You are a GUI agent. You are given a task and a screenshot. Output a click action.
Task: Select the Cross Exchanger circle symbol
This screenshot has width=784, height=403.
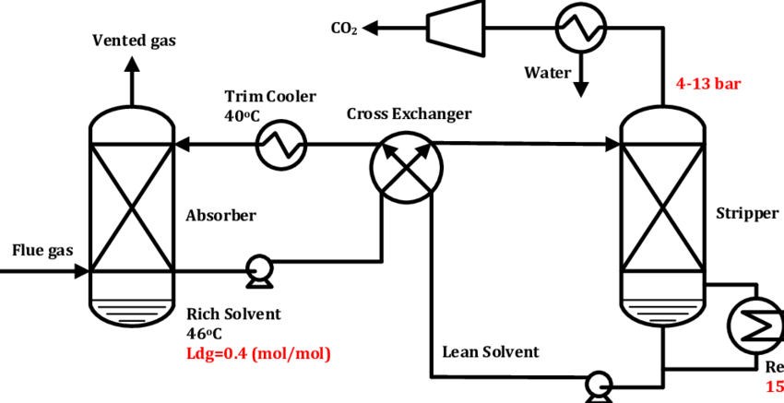(x=406, y=166)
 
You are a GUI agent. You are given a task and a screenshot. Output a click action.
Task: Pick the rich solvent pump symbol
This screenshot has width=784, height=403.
(x=255, y=272)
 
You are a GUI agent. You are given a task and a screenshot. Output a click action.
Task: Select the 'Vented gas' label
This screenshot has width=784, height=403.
(x=134, y=41)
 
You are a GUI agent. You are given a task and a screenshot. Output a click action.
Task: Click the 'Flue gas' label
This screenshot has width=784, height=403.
(x=41, y=250)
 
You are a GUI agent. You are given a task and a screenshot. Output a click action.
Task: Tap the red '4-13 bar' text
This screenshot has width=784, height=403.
(x=708, y=84)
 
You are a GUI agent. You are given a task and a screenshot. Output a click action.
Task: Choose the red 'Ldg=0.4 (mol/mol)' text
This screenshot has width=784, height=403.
(x=258, y=353)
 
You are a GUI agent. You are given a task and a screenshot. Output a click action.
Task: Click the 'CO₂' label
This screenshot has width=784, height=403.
(x=344, y=28)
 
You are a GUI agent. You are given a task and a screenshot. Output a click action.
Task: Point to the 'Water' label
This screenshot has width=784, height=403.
(x=548, y=71)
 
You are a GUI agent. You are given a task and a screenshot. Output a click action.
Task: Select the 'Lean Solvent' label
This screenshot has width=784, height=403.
(x=491, y=351)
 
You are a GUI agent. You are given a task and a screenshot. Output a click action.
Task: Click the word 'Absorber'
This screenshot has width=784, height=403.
(x=220, y=215)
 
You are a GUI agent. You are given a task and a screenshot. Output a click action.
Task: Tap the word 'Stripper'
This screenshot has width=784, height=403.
(x=747, y=214)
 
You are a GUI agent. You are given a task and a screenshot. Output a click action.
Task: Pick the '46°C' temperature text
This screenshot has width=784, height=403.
(x=206, y=333)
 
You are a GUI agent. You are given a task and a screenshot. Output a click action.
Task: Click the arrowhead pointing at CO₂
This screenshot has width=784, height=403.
(x=371, y=27)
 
